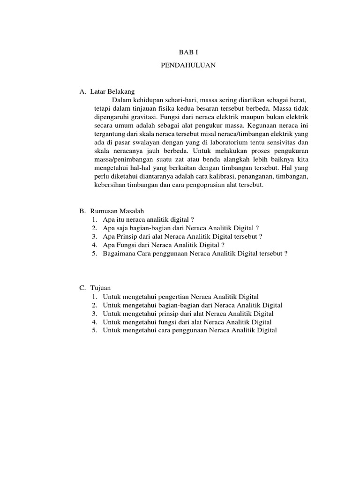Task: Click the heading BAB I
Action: [188, 53]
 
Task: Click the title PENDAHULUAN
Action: [188, 66]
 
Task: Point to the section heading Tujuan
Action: [100, 288]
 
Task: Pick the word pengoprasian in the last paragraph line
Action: [204, 185]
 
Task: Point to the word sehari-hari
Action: [183, 100]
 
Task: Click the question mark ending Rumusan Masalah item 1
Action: [192, 220]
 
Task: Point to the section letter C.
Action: [81, 288]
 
